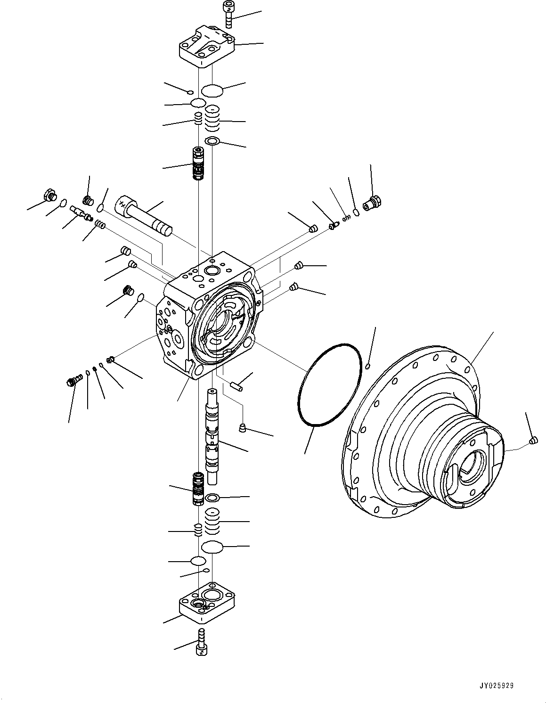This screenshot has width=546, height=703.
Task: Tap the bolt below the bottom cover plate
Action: (x=202, y=641)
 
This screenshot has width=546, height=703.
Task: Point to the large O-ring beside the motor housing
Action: (x=329, y=386)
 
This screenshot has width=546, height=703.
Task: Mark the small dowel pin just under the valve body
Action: (x=236, y=385)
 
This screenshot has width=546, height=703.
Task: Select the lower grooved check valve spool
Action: (x=198, y=488)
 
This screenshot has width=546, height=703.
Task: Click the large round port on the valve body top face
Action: (x=211, y=270)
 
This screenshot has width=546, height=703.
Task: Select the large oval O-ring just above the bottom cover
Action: (x=211, y=547)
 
